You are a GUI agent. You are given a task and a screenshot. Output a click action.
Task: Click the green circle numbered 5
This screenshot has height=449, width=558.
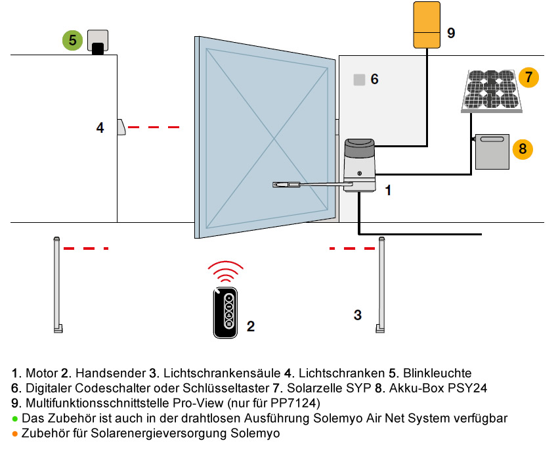click(x=73, y=40)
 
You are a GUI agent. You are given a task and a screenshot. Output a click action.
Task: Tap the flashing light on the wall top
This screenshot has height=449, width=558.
click(x=98, y=42)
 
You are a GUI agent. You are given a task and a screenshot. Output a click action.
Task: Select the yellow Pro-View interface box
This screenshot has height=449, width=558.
click(x=427, y=25)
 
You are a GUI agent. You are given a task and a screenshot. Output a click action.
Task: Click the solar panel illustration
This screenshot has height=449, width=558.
click(x=492, y=91)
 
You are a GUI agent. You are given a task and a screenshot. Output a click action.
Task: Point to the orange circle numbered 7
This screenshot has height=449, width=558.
click(x=528, y=77)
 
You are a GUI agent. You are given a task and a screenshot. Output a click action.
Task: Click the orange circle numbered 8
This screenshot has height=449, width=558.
click(x=523, y=149)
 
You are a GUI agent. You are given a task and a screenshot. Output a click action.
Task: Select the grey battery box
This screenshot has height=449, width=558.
click(x=492, y=152)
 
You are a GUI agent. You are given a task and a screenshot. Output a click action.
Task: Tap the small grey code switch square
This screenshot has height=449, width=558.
click(x=360, y=80)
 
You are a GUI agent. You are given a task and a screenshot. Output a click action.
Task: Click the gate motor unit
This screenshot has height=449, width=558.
click(x=360, y=166)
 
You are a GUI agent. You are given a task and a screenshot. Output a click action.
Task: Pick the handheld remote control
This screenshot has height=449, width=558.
click(x=225, y=312)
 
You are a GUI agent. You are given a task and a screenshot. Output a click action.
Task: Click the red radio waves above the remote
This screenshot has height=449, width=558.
click(x=226, y=272)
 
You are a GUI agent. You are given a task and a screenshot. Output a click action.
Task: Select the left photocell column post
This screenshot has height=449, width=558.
click(x=57, y=285)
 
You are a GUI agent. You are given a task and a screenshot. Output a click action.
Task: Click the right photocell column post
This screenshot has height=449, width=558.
click(x=381, y=285)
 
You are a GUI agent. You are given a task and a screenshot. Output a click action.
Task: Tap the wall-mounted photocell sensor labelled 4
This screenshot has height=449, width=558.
click(x=121, y=128)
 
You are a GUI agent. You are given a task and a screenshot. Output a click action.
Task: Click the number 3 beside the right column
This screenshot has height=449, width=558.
click(x=358, y=315)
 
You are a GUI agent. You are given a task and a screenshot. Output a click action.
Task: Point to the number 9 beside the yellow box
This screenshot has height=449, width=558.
click(x=451, y=33)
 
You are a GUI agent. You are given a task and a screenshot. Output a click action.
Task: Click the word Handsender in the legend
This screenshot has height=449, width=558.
click(x=111, y=373)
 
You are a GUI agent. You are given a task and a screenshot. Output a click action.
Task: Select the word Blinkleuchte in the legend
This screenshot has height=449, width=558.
click(x=437, y=373)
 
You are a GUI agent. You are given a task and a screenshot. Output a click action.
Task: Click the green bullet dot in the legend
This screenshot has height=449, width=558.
click(x=15, y=419)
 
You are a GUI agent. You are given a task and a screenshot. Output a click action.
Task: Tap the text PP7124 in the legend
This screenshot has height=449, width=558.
click(x=293, y=403)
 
